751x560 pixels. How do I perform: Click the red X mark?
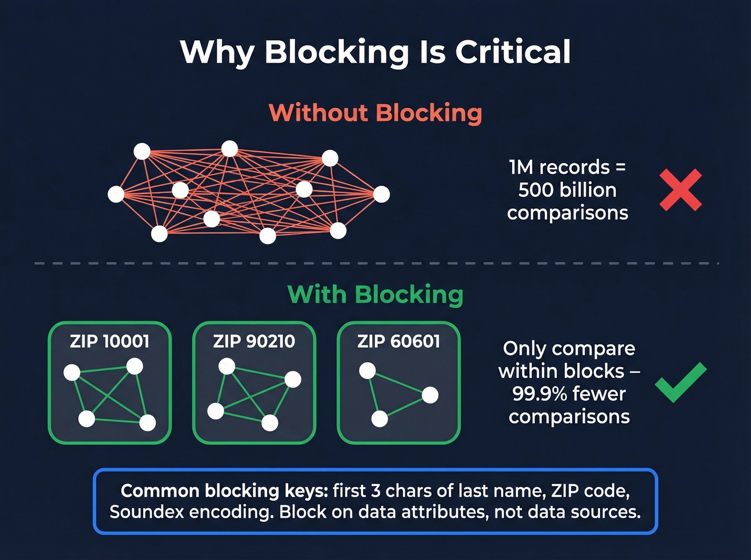680,190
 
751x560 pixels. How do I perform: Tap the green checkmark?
680,382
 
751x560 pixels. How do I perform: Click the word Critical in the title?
513,52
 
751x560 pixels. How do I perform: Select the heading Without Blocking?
375,113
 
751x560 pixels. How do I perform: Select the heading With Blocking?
375,295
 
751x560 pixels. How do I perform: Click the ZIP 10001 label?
109,341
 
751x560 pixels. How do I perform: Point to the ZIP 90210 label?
254,341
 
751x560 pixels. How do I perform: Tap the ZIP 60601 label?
399,341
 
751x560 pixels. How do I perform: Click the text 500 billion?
567,190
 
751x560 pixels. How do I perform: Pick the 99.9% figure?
539,394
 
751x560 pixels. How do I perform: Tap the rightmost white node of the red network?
381,194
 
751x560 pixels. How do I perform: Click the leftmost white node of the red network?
116,194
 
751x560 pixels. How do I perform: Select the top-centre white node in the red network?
230,148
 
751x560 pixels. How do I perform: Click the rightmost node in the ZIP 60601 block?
430,395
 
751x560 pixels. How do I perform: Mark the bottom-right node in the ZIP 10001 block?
148,422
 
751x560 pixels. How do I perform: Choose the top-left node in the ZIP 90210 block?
227,366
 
